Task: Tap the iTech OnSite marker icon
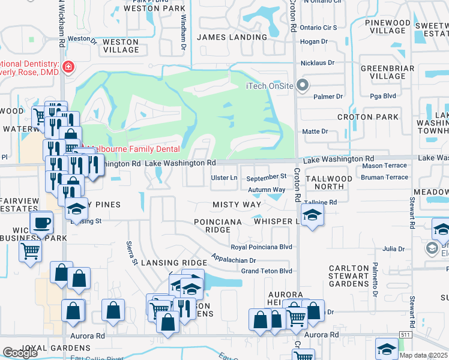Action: click(303, 85)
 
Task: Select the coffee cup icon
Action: click(41, 223)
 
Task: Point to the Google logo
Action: click(20, 353)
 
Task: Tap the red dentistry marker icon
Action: click(69, 65)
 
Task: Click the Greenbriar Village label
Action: click(387, 72)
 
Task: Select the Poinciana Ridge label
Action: click(218, 226)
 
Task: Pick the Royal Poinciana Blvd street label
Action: click(262, 247)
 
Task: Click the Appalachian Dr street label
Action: click(234, 260)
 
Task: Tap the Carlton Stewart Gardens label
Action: click(348, 276)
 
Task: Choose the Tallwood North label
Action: click(328, 182)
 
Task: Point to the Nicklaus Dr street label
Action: click(318, 62)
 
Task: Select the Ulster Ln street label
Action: click(224, 178)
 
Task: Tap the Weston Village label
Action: click(121, 46)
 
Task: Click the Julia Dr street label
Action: click(394, 248)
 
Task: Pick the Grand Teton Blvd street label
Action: click(267, 271)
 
